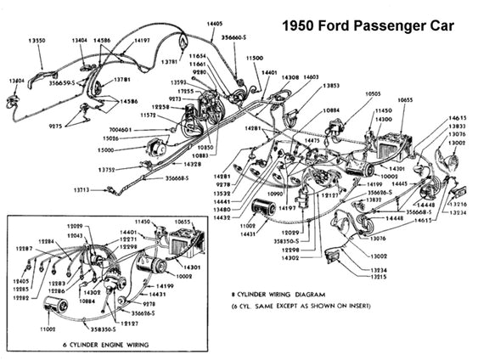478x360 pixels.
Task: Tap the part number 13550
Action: [x=37, y=41]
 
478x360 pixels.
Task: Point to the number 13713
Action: [x=82, y=191]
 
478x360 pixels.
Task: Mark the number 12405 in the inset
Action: [x=21, y=280]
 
